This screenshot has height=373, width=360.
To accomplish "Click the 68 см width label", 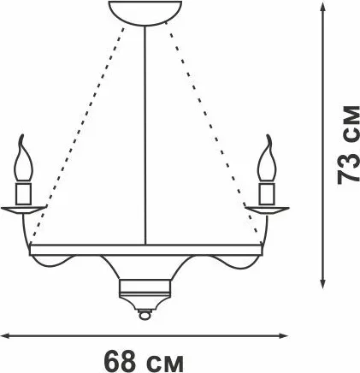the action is tap(144, 362).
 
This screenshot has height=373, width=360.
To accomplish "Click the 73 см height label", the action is tap(348, 145).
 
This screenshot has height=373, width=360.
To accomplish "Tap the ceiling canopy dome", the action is tap(145, 13).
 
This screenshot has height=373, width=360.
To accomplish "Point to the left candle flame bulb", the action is tap(24, 163).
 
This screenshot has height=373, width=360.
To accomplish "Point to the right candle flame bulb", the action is tap(267, 162).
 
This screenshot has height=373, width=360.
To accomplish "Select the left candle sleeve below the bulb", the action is tap(24, 192).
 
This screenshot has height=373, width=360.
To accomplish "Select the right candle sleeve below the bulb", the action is tap(267, 192).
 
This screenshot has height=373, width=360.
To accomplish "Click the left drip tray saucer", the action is tap(23, 209).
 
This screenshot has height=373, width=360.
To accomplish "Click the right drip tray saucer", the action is tap(267, 209).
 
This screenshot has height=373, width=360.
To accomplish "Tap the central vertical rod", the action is tap(145, 135).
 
